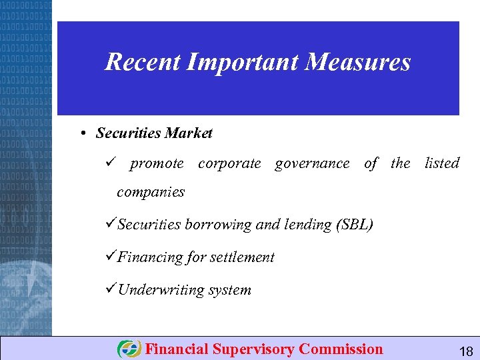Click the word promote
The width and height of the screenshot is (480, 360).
[157, 163]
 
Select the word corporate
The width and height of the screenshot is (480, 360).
[229, 163]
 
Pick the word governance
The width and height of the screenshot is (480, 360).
[312, 163]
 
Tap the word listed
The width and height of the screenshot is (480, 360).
[442, 163]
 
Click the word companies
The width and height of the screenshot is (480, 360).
[151, 192]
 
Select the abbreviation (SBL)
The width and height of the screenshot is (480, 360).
[355, 225]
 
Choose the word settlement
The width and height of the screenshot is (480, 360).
[242, 257]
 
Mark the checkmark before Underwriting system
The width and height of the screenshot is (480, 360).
[111, 289]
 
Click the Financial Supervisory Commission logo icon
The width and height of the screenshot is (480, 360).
[129, 349]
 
